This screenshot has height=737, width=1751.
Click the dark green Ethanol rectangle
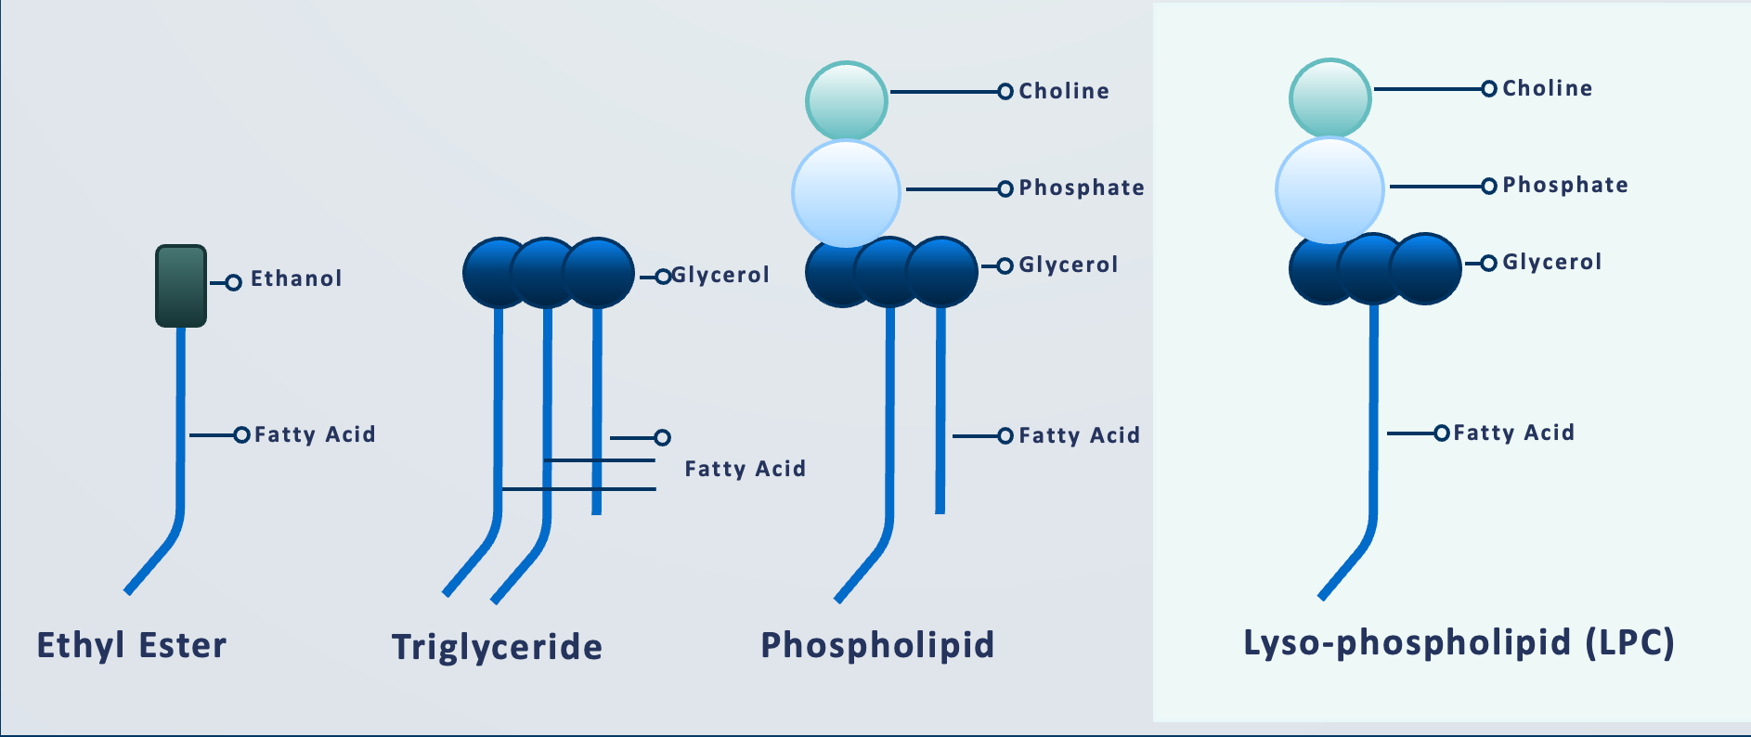tap(181, 286)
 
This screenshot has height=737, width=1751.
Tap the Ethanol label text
tap(296, 278)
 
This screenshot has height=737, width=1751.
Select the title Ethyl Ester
tap(132, 645)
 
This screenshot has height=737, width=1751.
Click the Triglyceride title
tap(497, 647)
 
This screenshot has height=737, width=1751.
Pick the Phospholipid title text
tap(877, 645)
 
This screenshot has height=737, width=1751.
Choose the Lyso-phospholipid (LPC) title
tap(1459, 642)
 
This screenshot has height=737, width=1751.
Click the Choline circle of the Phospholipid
tap(846, 100)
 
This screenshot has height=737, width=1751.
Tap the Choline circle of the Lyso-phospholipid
tap(1329, 97)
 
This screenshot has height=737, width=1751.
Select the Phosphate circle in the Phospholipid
tap(846, 193)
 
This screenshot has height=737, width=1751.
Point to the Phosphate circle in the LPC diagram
tap(1329, 190)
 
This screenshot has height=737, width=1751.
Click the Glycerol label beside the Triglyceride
tap(720, 275)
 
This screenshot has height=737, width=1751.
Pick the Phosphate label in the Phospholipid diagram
tap(1082, 187)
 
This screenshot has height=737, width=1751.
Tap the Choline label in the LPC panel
tap(1548, 88)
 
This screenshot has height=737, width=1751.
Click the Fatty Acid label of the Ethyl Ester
tap(315, 434)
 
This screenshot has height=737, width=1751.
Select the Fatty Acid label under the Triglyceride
tap(745, 469)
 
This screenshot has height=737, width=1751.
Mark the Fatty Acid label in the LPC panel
tap(1513, 433)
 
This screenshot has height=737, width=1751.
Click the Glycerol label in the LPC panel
tap(1552, 262)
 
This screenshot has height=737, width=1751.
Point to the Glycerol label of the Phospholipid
tap(1069, 265)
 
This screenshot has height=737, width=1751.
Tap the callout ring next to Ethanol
tap(234, 282)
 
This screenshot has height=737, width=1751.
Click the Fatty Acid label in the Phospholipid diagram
tap(1080, 435)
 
